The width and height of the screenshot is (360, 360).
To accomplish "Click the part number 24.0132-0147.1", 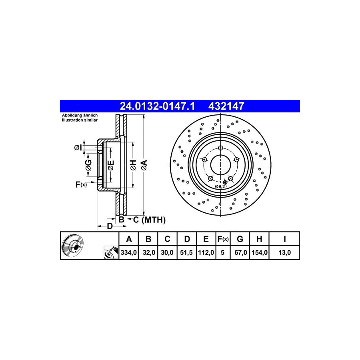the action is click(x=157, y=106).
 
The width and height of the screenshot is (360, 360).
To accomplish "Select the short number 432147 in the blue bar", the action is click(x=226, y=106).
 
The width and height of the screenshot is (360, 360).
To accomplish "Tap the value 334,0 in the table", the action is click(x=128, y=252).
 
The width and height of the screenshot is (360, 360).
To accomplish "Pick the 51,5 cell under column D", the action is click(x=186, y=252).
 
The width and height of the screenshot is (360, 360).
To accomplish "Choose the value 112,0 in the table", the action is click(x=206, y=252).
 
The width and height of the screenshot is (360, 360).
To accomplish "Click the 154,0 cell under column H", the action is click(x=260, y=252).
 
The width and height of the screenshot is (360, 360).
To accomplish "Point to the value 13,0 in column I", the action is click(x=284, y=252).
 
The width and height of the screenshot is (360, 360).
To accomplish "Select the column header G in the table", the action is click(x=240, y=239).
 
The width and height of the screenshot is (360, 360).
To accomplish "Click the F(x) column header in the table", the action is click(x=223, y=239).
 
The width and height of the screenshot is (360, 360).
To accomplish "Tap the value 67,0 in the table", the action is click(x=241, y=252).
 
